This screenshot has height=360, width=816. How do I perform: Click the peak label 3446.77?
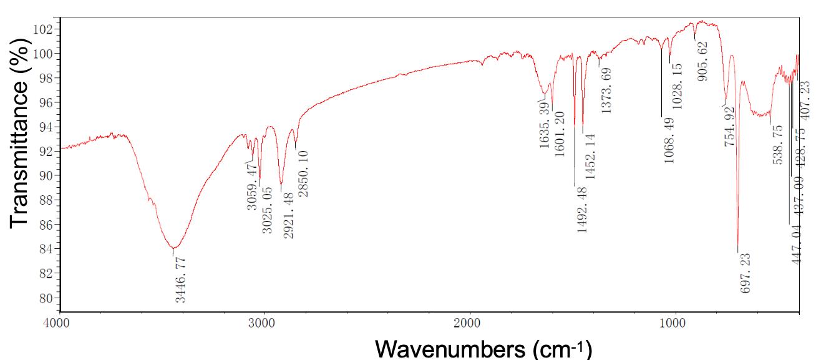click(180, 280)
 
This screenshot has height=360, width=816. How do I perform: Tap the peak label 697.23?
click(745, 273)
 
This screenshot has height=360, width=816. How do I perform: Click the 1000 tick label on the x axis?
click(673, 324)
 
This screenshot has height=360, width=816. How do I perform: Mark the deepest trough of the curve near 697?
click(738, 251)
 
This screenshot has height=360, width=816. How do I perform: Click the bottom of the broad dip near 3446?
click(173, 248)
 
